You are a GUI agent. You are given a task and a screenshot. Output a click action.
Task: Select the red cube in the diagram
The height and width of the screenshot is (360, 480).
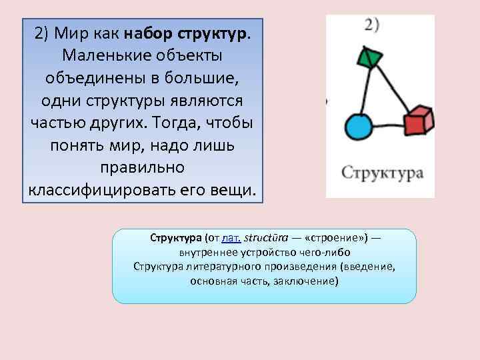pos(418,121)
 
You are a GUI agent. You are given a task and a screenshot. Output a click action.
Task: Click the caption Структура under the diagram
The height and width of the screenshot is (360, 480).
pos(382,173)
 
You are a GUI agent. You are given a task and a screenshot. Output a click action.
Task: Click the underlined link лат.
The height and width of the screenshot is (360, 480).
pos(231,237)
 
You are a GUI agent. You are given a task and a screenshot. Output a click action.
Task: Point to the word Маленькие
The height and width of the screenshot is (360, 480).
pos(102,56)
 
